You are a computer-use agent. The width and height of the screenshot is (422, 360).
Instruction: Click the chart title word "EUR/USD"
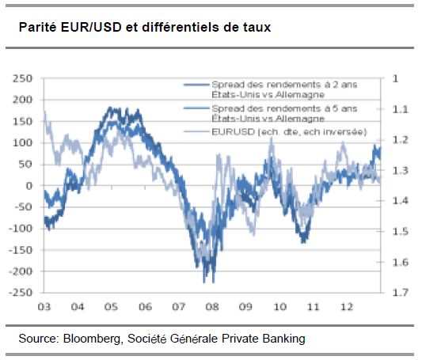tap(91, 27)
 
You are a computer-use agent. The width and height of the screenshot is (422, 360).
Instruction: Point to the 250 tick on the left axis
tap(22, 78)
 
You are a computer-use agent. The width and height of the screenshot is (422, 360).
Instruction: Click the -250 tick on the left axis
tap(21, 292)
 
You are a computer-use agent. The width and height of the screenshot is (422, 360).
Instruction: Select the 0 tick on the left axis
tap(29, 185)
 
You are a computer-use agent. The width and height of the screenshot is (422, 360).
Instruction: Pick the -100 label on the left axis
tap(21, 229)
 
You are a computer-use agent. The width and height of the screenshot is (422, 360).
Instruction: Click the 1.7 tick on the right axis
tap(400, 292)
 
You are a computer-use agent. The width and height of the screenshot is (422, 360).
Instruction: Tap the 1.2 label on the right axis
tap(400, 140)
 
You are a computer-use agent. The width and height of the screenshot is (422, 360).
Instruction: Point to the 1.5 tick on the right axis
tap(400, 231)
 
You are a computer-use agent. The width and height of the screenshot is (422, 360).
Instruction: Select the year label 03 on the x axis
tap(44, 307)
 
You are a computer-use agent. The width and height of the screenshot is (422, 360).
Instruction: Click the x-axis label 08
tap(212, 307)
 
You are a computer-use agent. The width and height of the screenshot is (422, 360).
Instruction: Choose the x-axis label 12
tap(347, 307)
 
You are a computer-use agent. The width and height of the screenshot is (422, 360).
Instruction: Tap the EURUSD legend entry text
tap(289, 132)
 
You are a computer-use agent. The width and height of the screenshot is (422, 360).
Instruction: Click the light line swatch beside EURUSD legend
tap(196, 132)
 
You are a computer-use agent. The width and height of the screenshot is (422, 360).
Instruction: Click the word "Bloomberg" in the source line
tap(92, 339)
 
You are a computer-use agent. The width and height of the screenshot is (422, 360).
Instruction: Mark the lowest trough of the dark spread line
tap(214, 282)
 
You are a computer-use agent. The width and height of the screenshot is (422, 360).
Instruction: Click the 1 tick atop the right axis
tap(395, 78)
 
